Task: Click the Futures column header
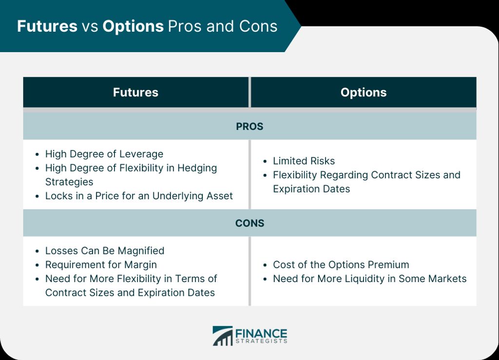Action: pos(135,92)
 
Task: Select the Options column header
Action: pos(364,93)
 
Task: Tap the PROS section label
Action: pos(249,127)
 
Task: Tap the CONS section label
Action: pos(249,223)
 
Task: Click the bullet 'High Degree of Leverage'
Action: pos(104,154)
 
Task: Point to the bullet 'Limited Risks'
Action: pos(304,161)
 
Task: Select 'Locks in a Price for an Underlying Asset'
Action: pos(139,196)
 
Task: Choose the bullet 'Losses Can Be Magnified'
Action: pos(105,251)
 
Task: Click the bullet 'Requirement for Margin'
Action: pos(101,265)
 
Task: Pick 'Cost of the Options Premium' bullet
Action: pos(341,265)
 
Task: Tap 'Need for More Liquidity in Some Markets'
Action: pos(370,279)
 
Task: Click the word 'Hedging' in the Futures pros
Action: pos(197,168)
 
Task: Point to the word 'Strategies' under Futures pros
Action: pos(69,182)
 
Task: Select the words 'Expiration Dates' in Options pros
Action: pos(311,189)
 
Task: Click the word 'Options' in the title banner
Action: pos(133,26)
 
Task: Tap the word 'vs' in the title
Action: pos(90,27)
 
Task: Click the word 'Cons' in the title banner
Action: pos(258,26)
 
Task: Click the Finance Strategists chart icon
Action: pos(223,336)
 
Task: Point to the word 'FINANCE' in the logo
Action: pos(261,334)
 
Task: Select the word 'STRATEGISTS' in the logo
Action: pos(261,341)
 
